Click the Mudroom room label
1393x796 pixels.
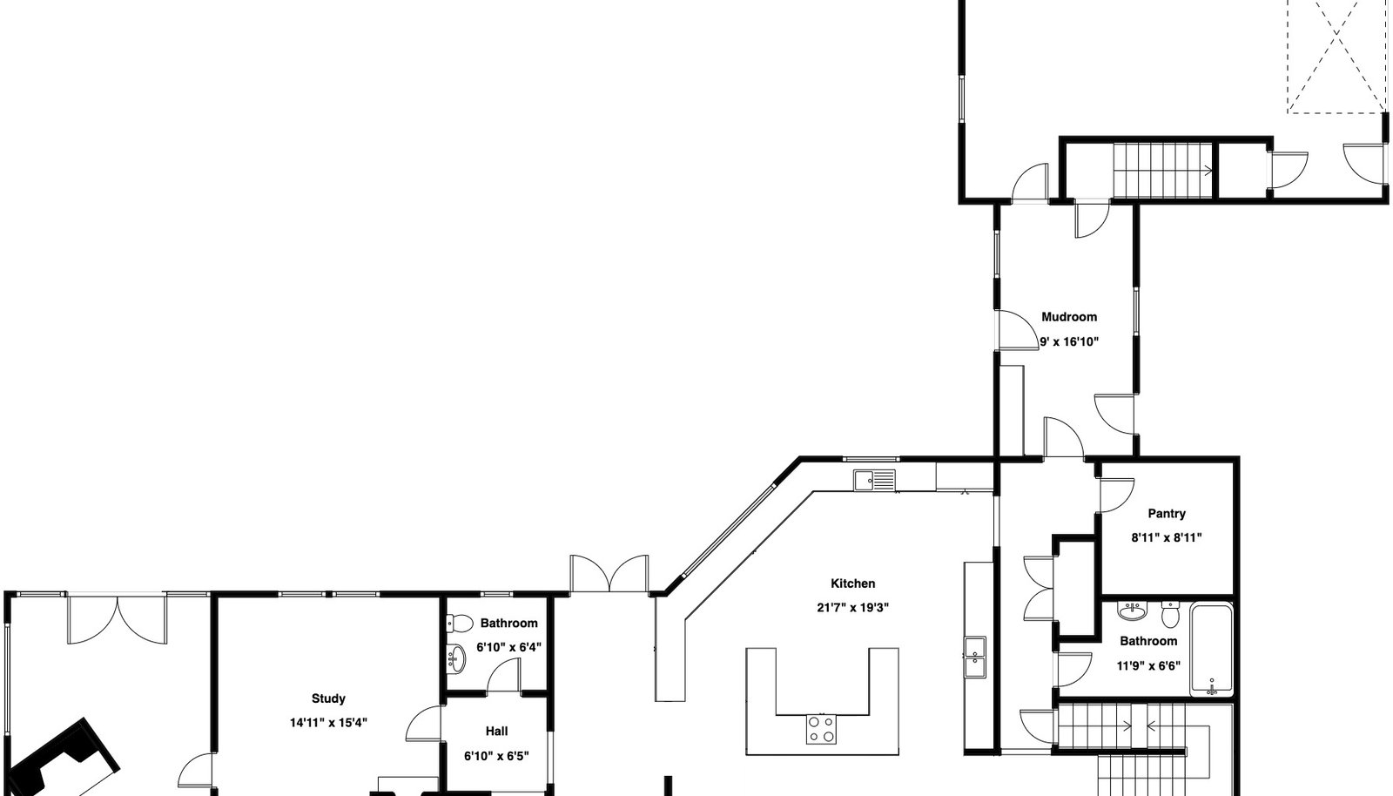coord(1069,317)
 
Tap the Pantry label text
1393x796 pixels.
coord(1167,514)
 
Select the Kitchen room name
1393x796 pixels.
coord(852,584)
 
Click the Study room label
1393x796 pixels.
coord(328,698)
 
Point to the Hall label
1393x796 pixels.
coord(496,732)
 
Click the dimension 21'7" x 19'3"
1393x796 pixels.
coord(852,608)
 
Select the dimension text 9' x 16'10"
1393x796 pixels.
coord(1069,341)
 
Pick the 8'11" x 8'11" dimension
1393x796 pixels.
coord(1167,537)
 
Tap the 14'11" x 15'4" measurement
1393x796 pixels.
coord(328,723)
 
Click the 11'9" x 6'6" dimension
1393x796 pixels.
coord(1148,666)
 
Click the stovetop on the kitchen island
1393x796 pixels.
coord(822,730)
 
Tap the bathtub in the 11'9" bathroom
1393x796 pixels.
coord(1211,649)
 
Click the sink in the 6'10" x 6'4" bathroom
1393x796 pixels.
coord(456,658)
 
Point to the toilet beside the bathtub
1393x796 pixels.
coord(1170,614)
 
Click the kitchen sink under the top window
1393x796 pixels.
coord(875,480)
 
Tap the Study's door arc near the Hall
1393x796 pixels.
coord(423,724)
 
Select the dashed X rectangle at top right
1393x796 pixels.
coord(1336,56)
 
